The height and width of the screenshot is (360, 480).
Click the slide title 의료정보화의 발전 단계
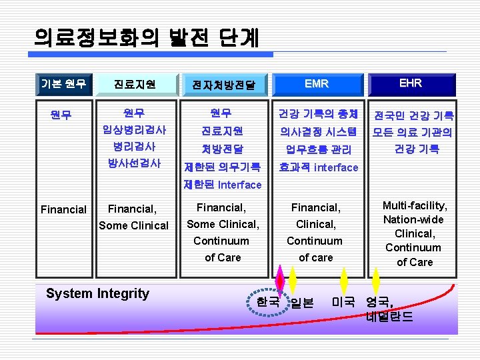pos(147,37)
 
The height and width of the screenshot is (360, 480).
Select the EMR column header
pos(316,84)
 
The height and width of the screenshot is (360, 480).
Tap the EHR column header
pos(410,83)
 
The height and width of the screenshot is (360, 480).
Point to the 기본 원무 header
pos(63,83)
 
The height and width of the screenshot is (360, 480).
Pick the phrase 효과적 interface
pos(319,167)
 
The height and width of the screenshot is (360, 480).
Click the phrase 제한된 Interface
pos(223,184)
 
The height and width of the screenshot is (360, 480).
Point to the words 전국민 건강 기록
pos(413,115)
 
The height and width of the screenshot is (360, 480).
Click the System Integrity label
pos(97,293)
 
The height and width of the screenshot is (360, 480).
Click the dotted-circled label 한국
pos(267,301)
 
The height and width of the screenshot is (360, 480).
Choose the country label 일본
pos(302,303)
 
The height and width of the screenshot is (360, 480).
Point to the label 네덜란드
pos(389,317)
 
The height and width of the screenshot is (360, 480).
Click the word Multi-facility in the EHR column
pos(415,206)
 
